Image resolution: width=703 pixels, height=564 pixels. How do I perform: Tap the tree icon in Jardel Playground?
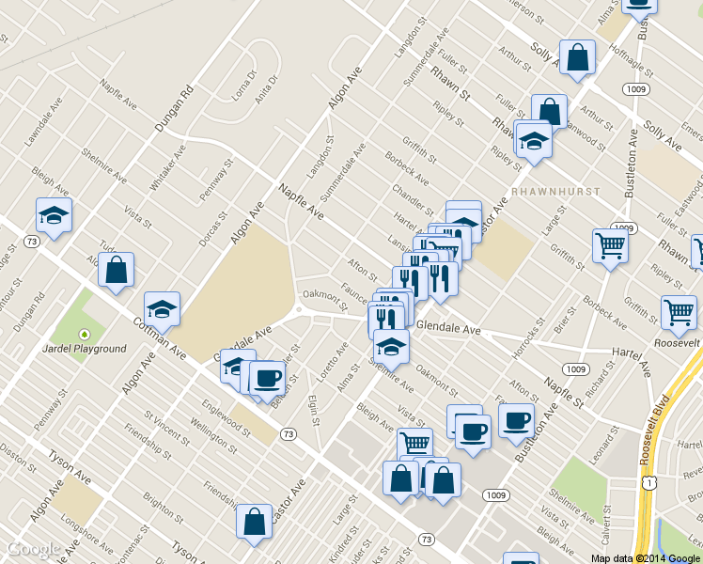(x=84, y=333)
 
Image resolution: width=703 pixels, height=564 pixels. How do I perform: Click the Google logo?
(x=33, y=549)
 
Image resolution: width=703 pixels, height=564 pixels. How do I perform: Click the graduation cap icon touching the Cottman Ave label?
(x=162, y=309)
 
